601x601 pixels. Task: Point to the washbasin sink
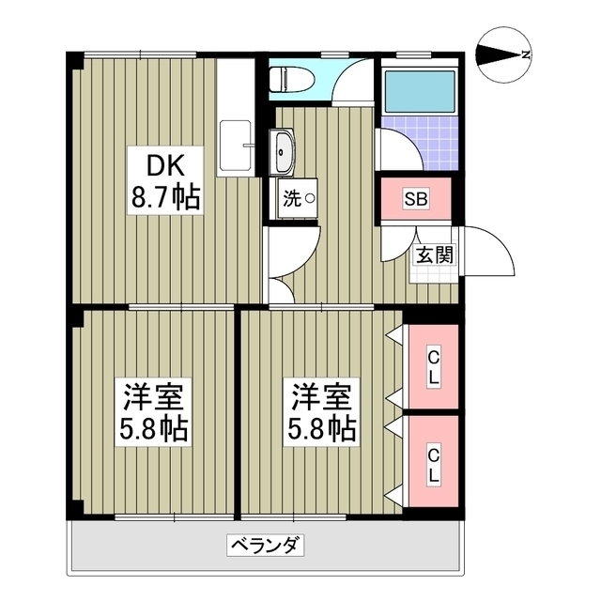pyautogui.click(x=284, y=150)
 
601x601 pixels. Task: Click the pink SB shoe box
pyautogui.click(x=417, y=198)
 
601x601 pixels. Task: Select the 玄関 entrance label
pyautogui.click(x=435, y=254)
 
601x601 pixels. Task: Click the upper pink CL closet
pyautogui.click(x=434, y=366)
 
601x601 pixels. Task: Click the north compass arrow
pyautogui.click(x=498, y=54)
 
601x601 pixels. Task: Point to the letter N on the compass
pyautogui.click(x=527, y=54)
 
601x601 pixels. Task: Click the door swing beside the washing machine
pyautogui.click(x=282, y=254)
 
